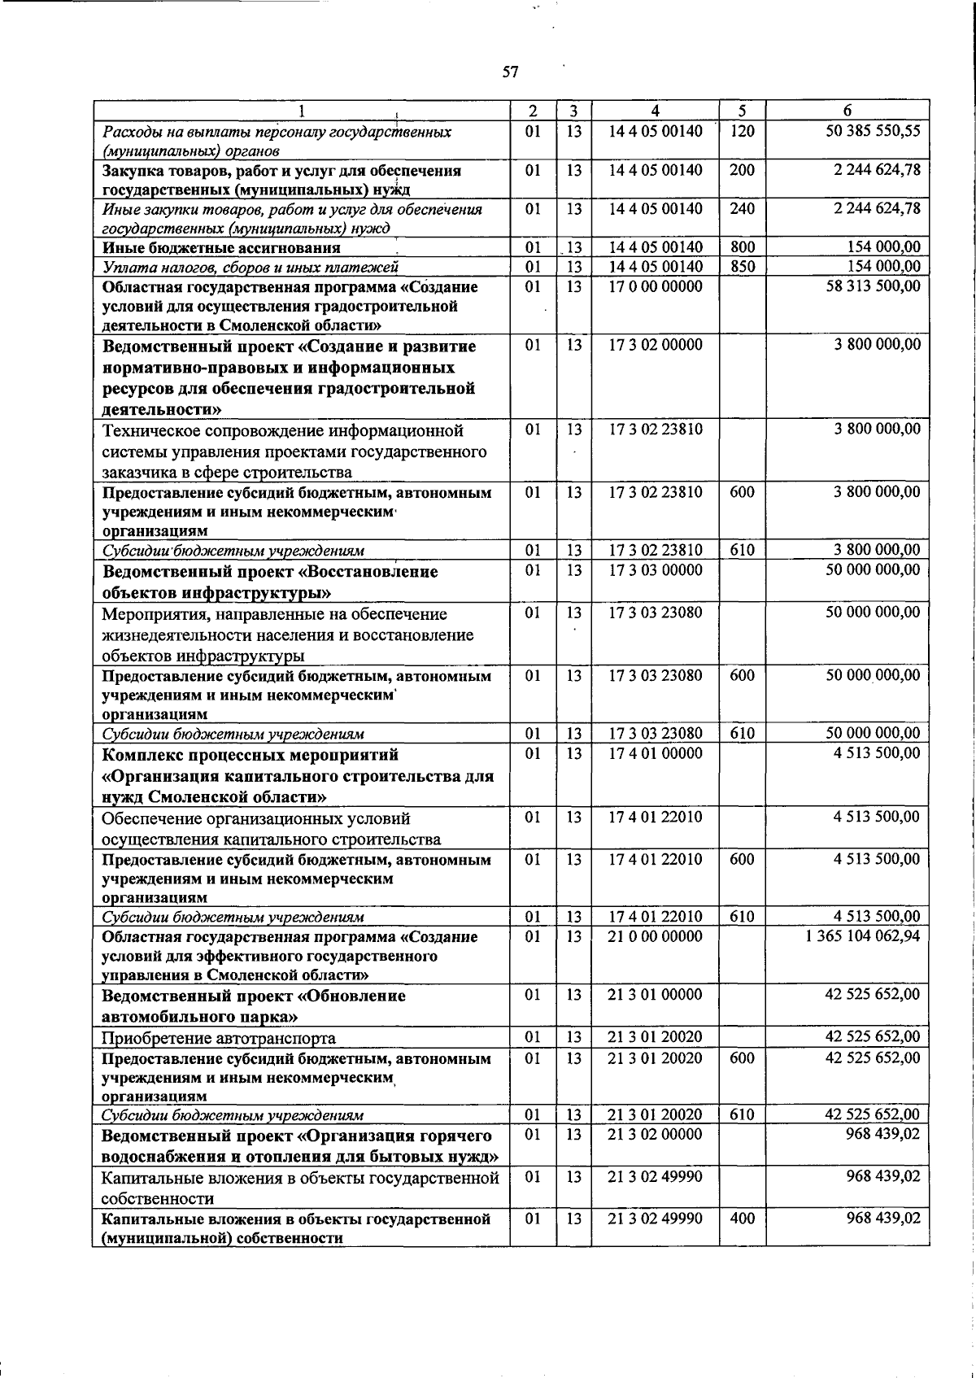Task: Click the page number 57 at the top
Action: [x=510, y=72]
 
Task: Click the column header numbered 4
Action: [x=655, y=111]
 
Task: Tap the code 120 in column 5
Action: [x=742, y=130]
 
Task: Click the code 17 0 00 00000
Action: [x=656, y=286]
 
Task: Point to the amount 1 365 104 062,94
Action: [x=863, y=936]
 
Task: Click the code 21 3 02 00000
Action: [x=656, y=1134]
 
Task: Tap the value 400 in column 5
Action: [x=742, y=1219]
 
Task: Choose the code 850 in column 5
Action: [x=742, y=267]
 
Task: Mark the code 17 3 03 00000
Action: [x=656, y=570]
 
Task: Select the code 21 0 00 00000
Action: [x=656, y=936]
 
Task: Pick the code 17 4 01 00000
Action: [x=656, y=753]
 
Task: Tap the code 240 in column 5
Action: [x=742, y=208]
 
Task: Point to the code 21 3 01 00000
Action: [x=656, y=995]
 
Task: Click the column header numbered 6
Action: [x=847, y=111]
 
